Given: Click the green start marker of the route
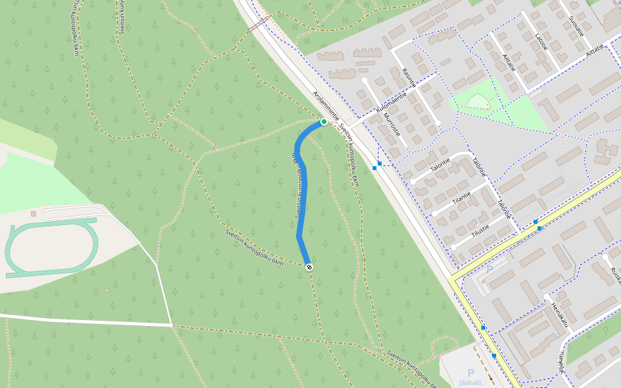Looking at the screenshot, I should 323,122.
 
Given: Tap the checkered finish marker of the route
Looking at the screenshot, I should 309,266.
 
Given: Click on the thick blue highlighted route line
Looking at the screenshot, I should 302,194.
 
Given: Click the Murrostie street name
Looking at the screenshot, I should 392,125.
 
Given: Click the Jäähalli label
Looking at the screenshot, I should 471,382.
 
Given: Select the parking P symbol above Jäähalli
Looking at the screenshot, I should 471,372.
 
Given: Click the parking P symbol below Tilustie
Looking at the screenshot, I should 490,270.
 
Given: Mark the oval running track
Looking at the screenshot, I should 51,248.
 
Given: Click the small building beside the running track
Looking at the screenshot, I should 34,213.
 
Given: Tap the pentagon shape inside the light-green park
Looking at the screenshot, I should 478,100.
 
